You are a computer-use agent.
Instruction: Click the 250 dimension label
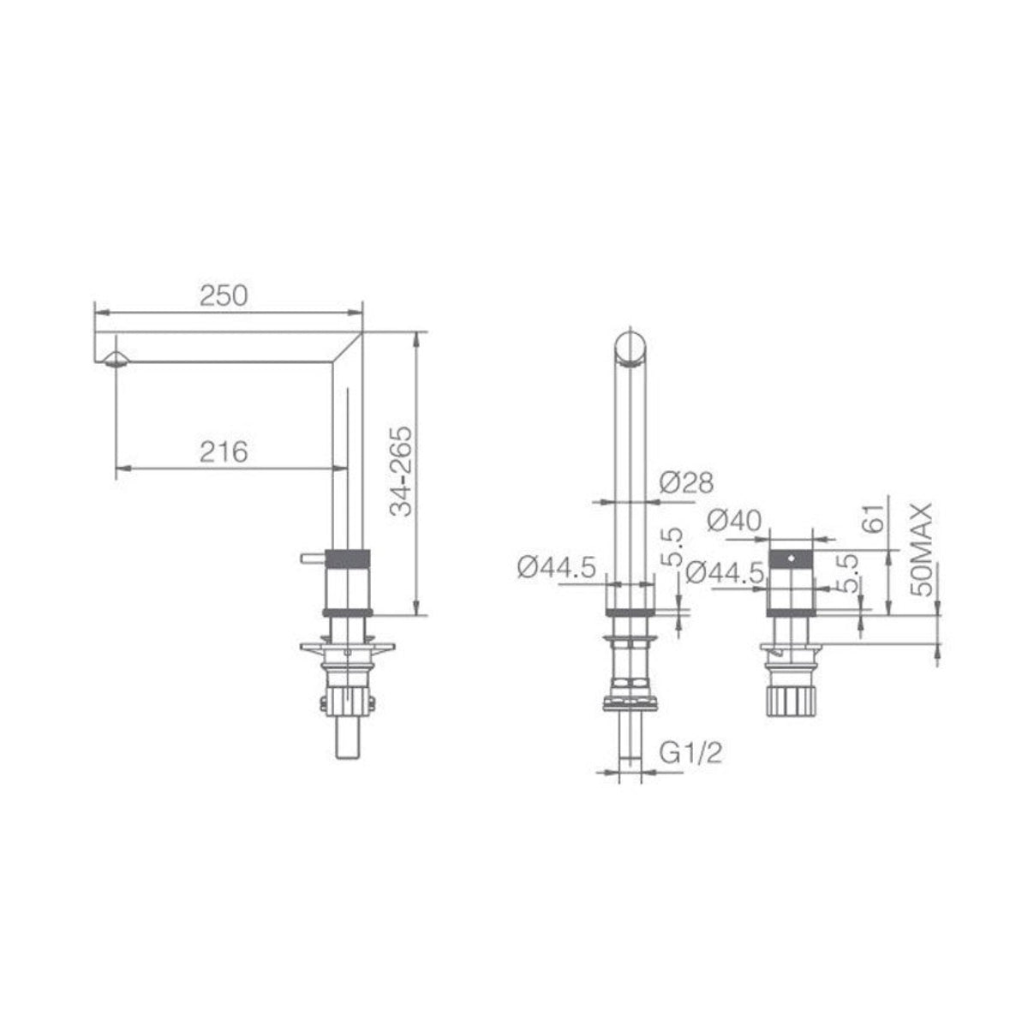224,296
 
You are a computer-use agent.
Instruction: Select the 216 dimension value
224,452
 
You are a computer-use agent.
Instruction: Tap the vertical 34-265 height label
401,471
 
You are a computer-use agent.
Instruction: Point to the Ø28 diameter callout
686,483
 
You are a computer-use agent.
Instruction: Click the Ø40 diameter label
734,521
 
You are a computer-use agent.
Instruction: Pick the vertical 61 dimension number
875,517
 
